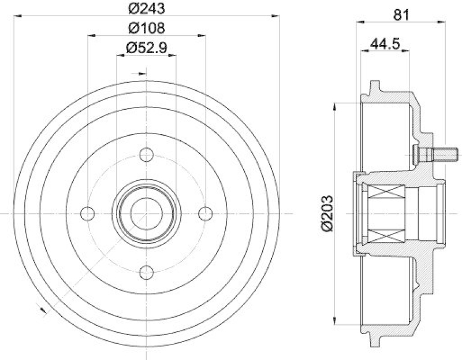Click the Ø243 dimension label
pyautogui.click(x=146, y=9)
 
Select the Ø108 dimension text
pyautogui.click(x=146, y=27)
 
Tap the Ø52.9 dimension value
pyautogui.click(x=146, y=48)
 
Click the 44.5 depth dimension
pyautogui.click(x=385, y=42)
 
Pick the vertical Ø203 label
pyautogui.click(x=327, y=214)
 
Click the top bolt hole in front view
pyautogui.click(x=146, y=155)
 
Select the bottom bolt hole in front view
pyautogui.click(x=146, y=272)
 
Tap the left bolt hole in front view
pyautogui.click(x=88, y=213)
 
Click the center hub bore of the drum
pyautogui.click(x=146, y=213)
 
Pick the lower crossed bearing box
pyautogui.click(x=385, y=235)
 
